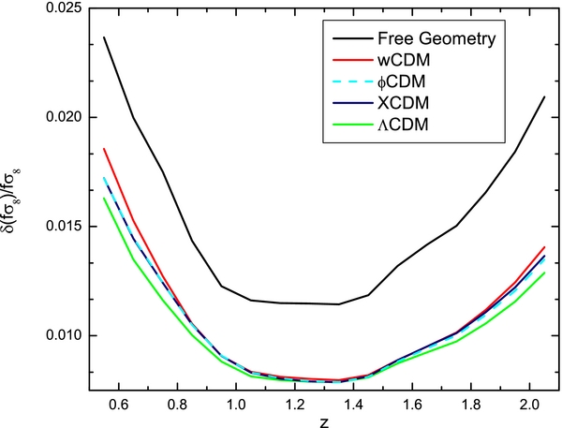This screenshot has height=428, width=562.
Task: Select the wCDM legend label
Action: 405,62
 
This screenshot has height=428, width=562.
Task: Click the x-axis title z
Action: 320,421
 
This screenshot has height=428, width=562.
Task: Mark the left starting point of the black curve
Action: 104,37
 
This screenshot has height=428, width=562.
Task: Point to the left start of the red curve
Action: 104,149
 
